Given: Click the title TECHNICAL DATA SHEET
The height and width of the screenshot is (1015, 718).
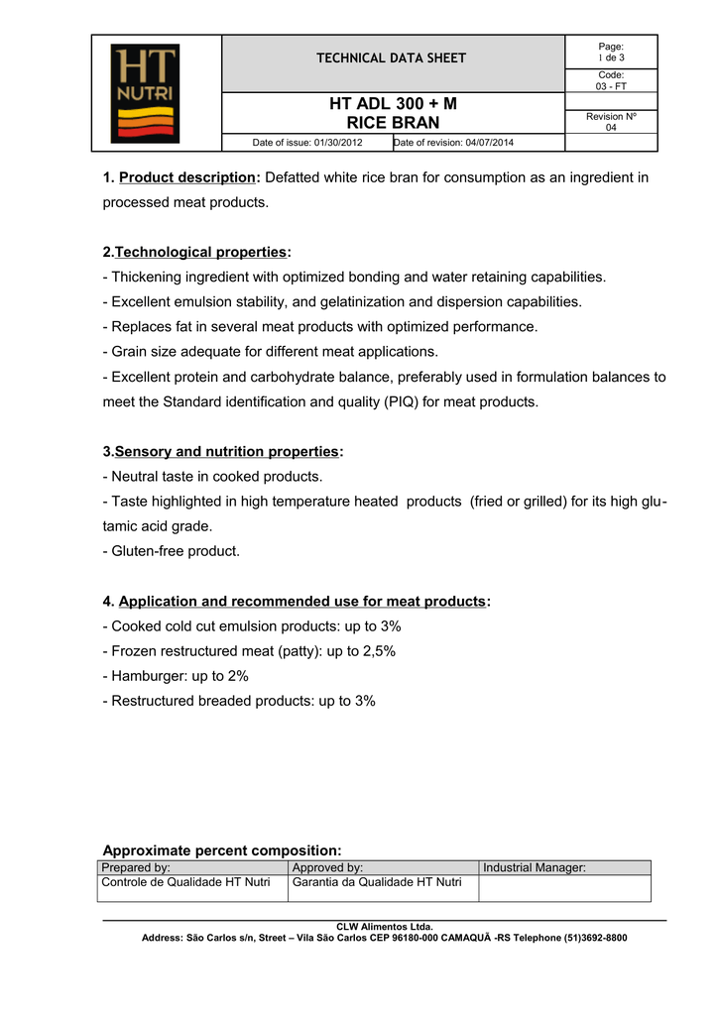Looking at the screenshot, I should coord(391,58).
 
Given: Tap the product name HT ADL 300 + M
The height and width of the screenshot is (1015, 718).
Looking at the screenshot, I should coord(392,103).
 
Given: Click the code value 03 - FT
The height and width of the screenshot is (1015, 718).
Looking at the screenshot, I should coord(611,86).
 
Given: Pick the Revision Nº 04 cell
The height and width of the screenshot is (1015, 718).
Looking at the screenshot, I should coord(611,122).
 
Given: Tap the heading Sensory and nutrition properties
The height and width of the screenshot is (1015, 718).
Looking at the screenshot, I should coord(226,452).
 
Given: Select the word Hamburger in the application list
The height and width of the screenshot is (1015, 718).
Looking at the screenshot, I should coord(149,676).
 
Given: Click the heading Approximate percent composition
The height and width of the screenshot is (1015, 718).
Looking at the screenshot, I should coord(222,850).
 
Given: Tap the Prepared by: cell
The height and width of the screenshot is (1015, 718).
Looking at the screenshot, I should coord(136,868).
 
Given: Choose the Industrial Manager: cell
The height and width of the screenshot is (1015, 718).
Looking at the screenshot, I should coord(535,868).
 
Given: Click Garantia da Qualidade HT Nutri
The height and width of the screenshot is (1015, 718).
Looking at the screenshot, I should coord(377,882).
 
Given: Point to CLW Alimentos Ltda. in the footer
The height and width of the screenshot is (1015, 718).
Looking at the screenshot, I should coord(385,927).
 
